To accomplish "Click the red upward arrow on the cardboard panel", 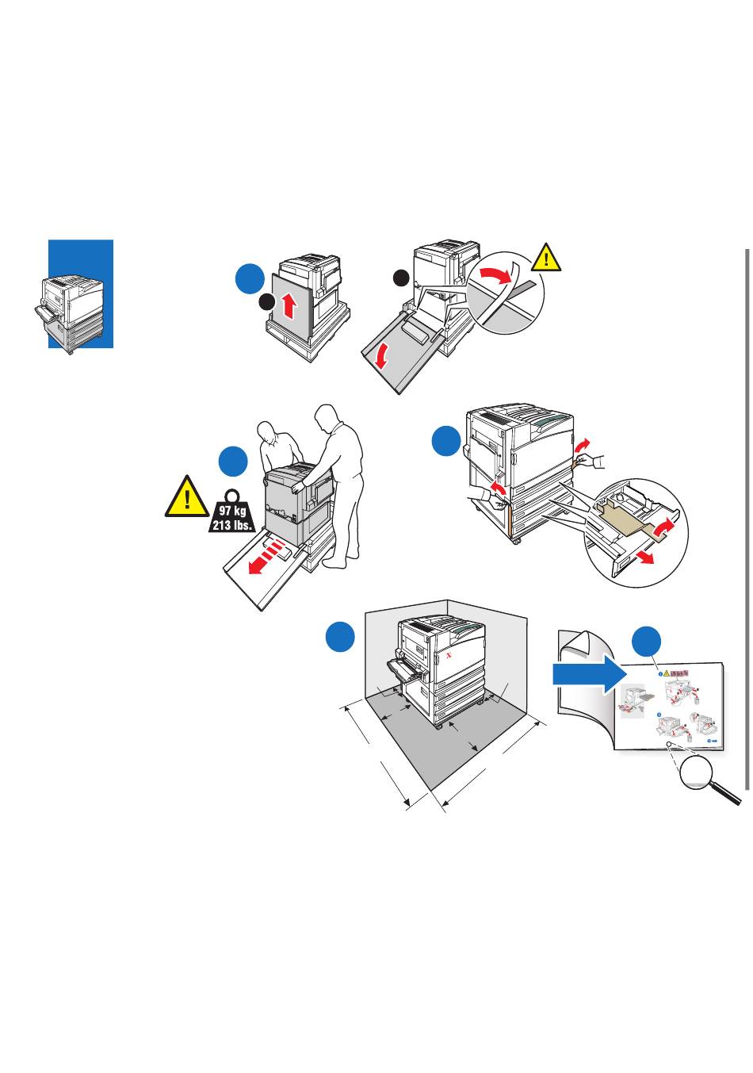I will coord(289,304).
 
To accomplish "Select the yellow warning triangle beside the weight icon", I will coord(185,497).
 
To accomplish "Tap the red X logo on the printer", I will coord(449,657).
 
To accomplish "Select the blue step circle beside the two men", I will coord(233,461).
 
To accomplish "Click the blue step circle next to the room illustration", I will coord(340,638).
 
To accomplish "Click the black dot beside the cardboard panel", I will coord(267,302).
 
